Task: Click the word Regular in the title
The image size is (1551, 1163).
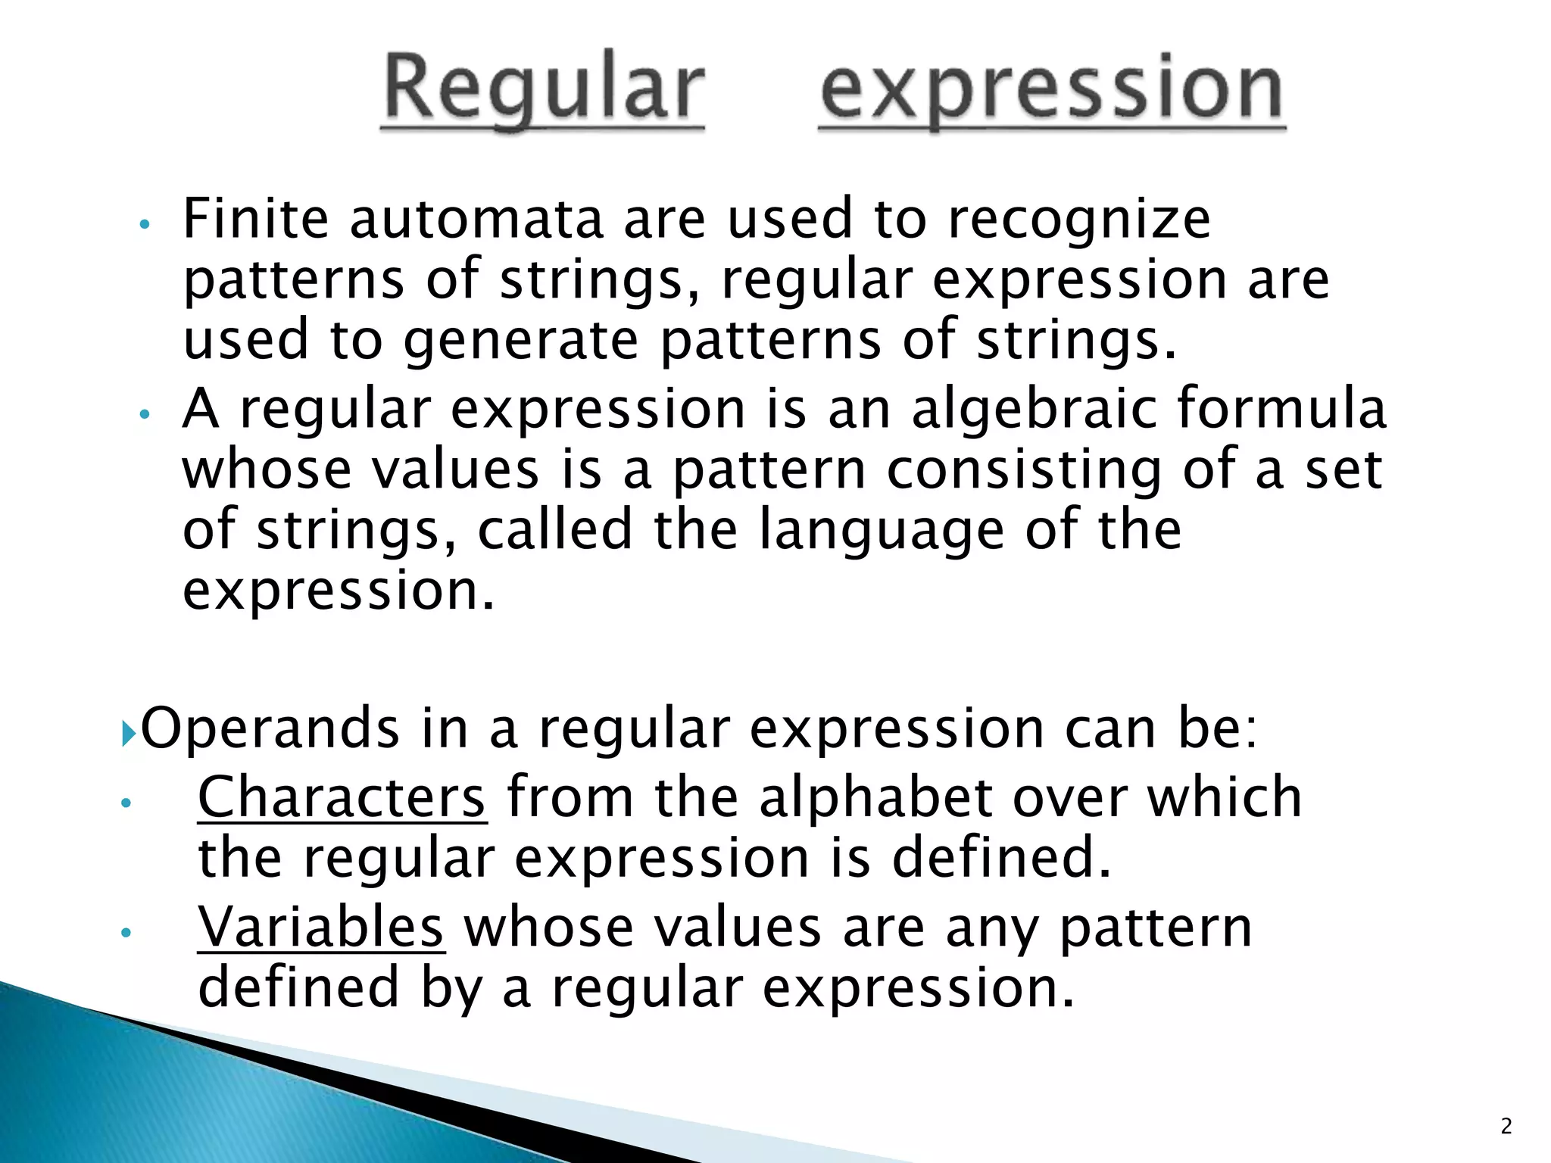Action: (x=543, y=89)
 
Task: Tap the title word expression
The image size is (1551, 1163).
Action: (x=1052, y=89)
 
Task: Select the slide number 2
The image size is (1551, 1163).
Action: (x=1506, y=1126)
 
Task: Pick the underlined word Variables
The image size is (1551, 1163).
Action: (x=320, y=927)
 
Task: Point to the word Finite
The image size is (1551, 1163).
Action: (x=256, y=219)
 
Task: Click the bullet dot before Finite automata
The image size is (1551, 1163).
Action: (x=146, y=225)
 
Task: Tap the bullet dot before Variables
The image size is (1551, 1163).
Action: (x=126, y=934)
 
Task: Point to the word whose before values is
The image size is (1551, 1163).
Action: (x=267, y=470)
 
